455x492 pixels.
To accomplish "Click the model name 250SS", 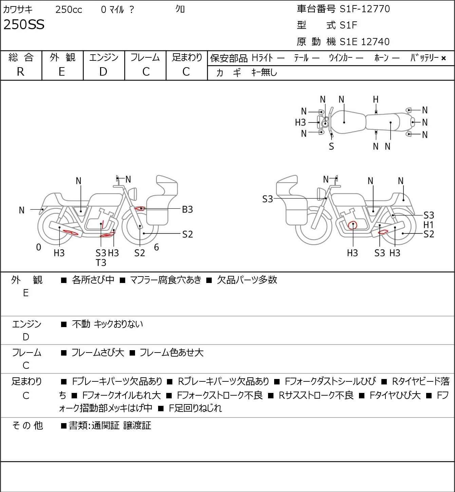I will tap(24, 25).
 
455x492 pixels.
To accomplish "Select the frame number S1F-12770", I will tap(365, 9).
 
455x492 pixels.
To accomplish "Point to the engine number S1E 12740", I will tap(364, 42).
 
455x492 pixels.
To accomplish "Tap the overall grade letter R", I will tap(20, 72).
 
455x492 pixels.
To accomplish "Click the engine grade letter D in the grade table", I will tap(103, 72).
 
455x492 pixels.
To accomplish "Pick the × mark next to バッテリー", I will tap(443, 58).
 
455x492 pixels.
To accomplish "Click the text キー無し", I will tap(264, 72).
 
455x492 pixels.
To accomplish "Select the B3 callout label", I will tap(187, 209).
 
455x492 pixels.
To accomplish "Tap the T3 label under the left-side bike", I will tap(101, 263).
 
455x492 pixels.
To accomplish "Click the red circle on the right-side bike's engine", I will tap(353, 225).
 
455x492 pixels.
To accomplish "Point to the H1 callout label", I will tap(429, 225).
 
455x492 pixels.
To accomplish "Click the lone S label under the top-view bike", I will tap(331, 147).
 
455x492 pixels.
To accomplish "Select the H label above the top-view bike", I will tap(376, 99).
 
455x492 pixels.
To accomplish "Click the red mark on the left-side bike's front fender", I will tap(140, 208).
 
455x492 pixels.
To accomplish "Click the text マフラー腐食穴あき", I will tap(166, 280).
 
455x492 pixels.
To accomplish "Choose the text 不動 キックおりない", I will tap(108, 324).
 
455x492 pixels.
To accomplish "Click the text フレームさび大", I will tap(98, 353).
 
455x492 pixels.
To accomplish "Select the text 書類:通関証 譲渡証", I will tap(110, 425).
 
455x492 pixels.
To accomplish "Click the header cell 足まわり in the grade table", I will tap(187, 57).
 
